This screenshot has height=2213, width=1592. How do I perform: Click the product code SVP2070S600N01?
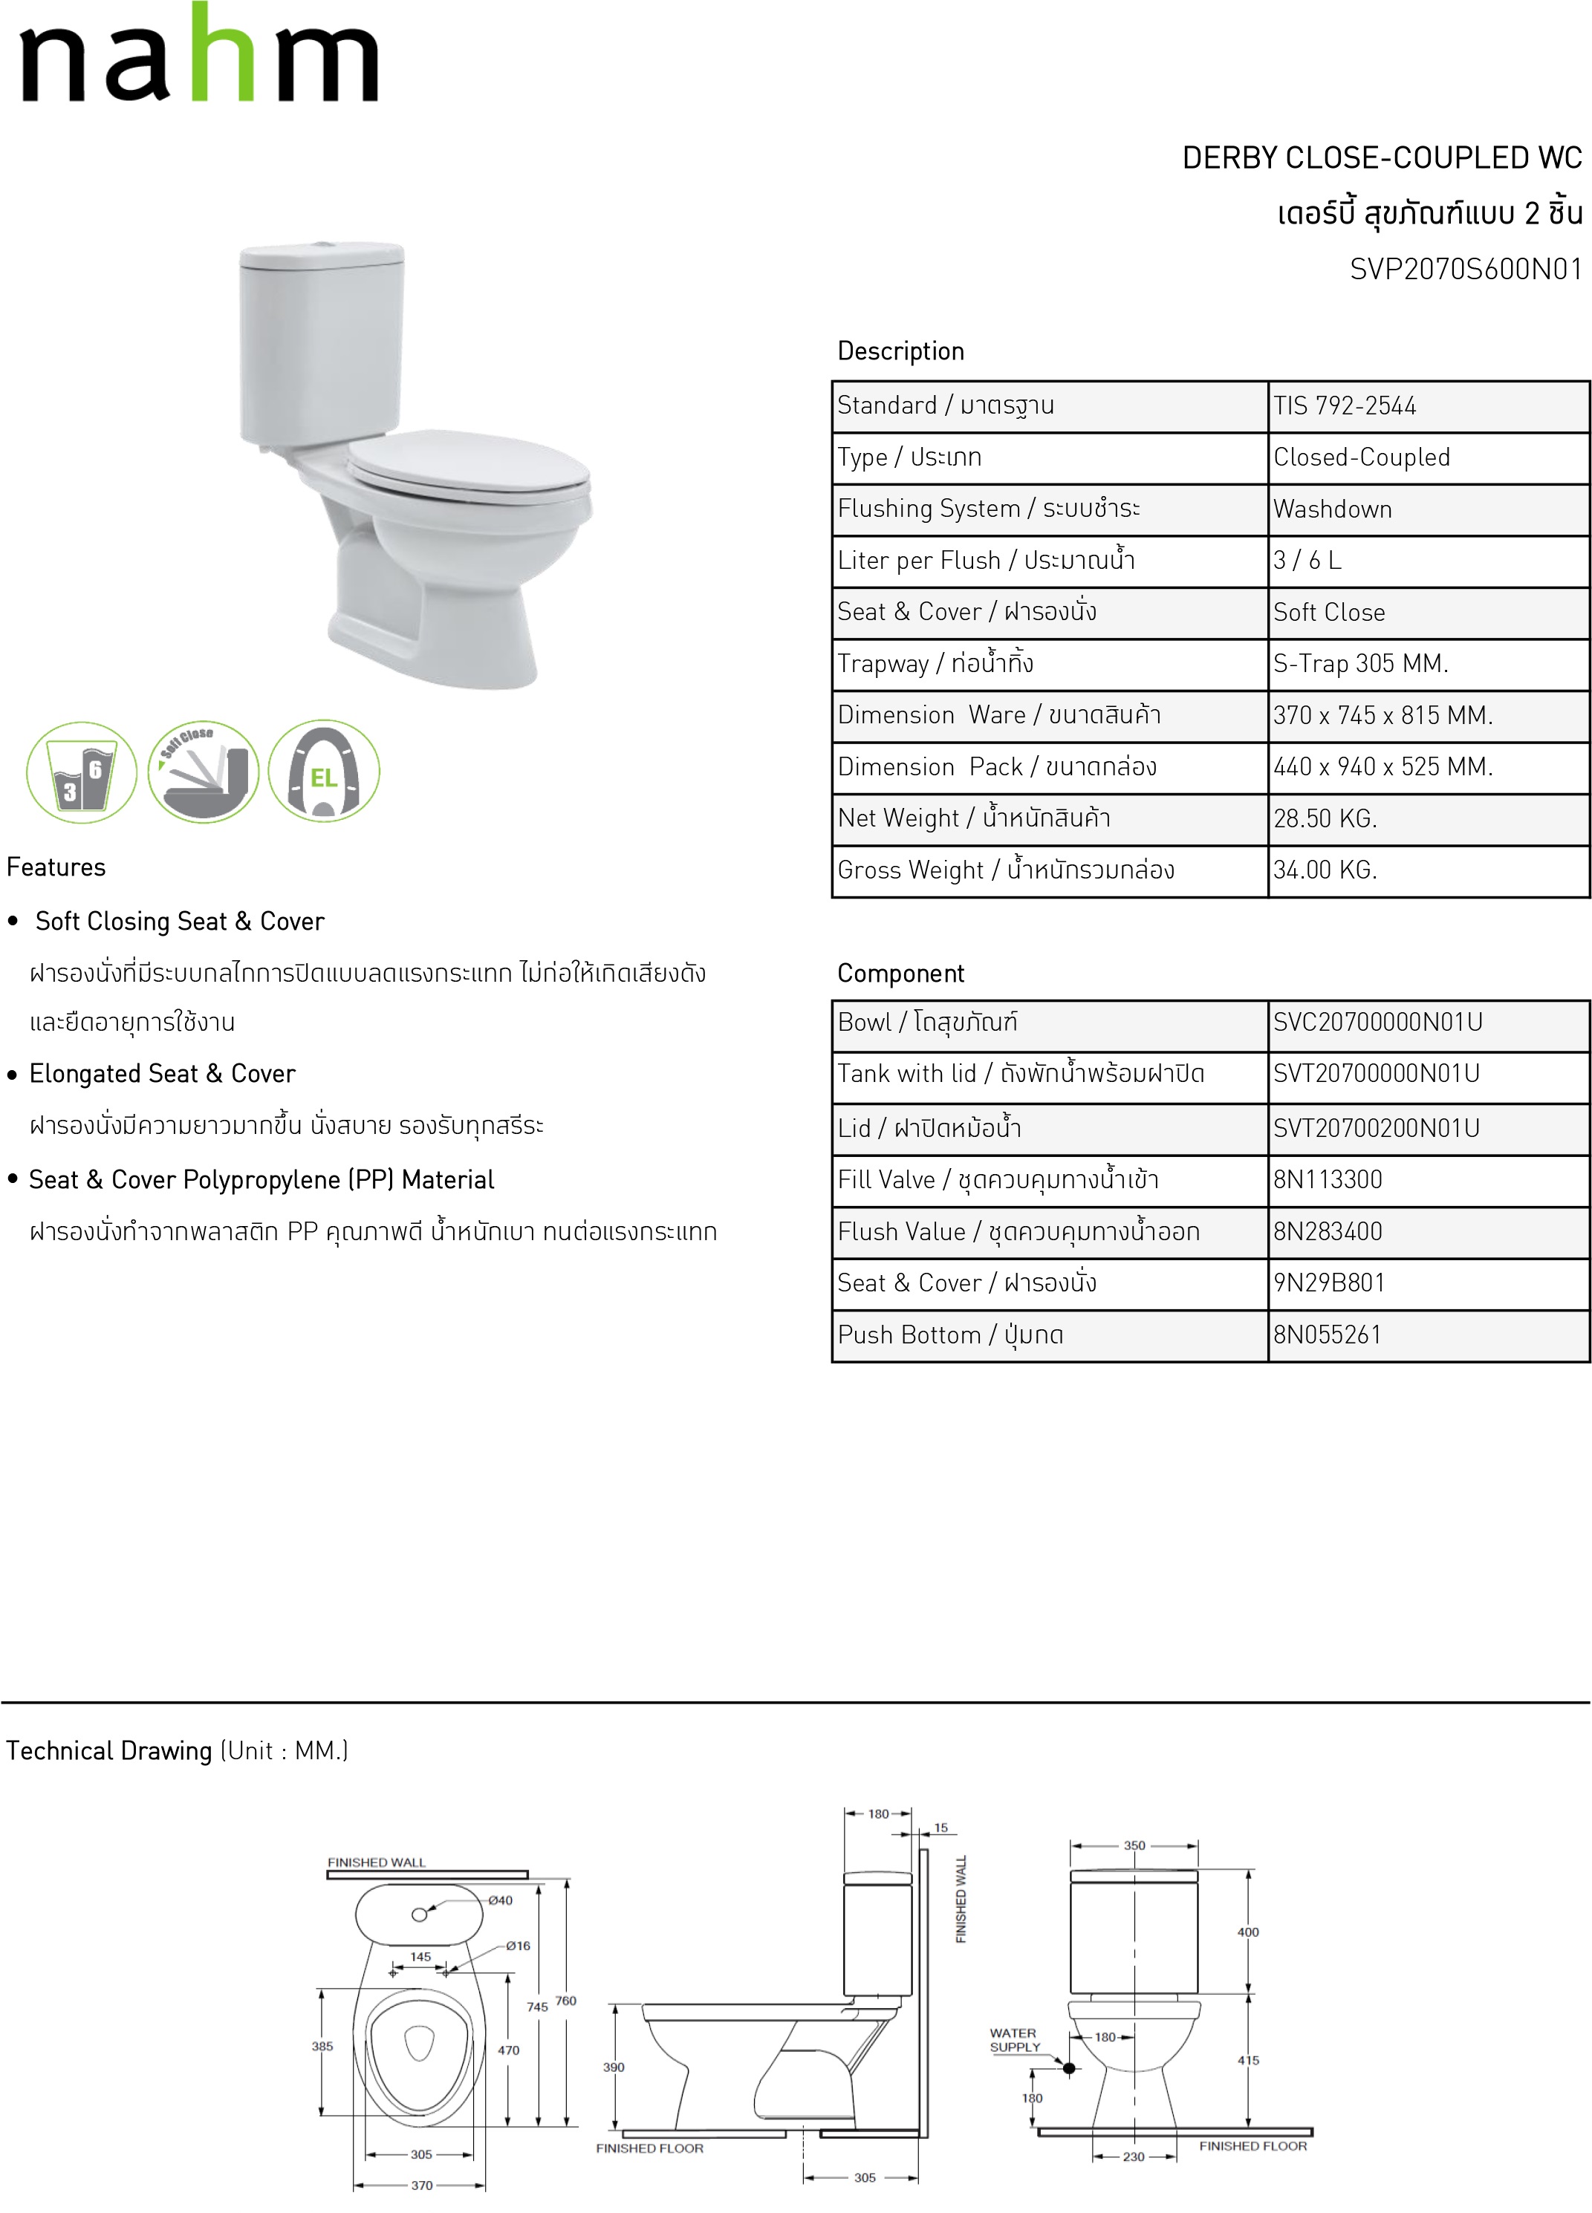coord(1465,270)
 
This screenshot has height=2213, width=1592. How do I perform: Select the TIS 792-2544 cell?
coord(1344,406)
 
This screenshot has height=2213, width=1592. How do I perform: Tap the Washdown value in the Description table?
coord(1332,509)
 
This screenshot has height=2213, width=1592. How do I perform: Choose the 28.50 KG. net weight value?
coord(1325,818)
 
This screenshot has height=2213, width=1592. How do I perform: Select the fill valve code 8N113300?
coord(1328,1180)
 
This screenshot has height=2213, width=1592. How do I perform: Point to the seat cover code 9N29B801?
coord(1328,1283)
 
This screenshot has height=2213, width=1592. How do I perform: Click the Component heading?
coord(900,974)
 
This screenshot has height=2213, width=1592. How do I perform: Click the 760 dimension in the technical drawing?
coord(566,2001)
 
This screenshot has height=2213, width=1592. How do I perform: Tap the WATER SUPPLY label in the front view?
coord(1014,2040)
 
